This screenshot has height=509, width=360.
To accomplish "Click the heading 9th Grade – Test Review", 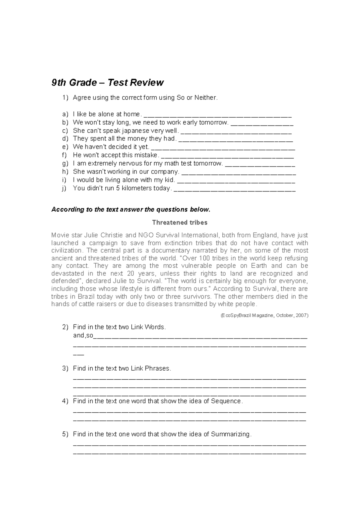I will [107, 83].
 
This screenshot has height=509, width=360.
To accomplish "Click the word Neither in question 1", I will [205, 98].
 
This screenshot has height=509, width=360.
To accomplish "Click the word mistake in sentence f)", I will [147, 155].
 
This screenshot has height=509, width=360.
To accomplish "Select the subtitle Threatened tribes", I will [180, 223].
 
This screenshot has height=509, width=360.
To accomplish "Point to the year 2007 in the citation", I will [301, 315].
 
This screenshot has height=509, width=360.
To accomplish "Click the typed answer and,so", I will [83, 336].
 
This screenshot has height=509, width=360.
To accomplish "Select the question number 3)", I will [65, 368].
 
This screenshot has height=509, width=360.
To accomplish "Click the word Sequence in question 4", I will [226, 401].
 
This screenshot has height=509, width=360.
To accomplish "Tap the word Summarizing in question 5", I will [230, 434].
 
